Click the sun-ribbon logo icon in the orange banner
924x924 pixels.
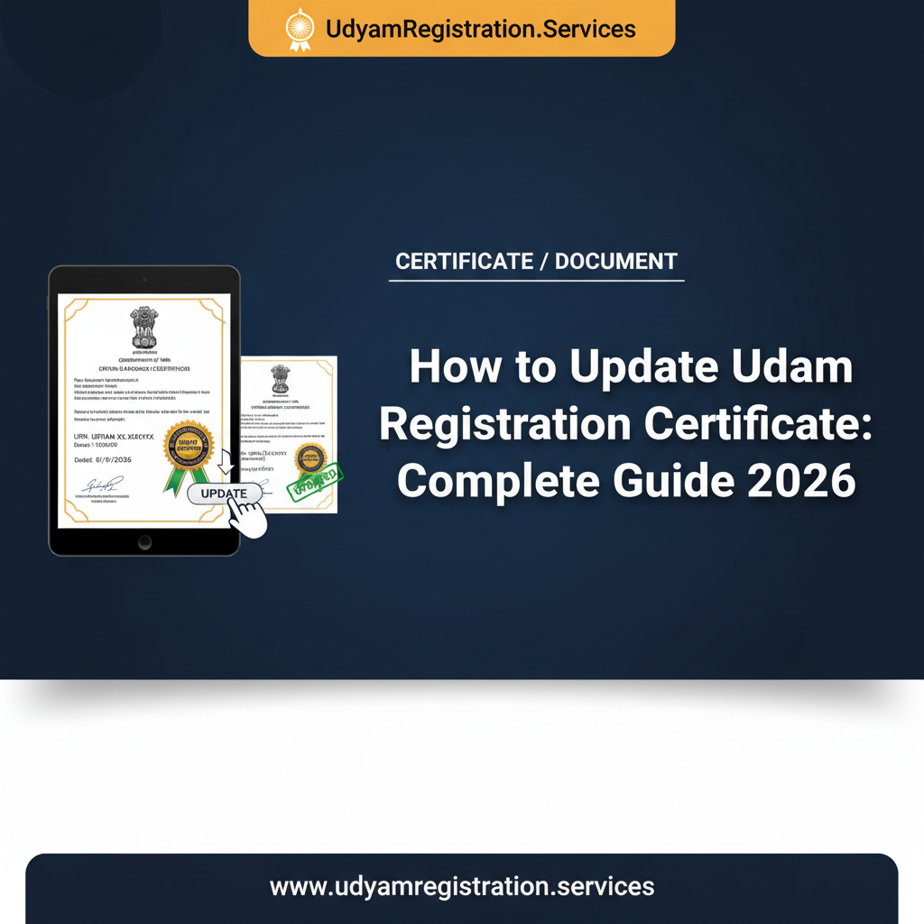click(x=298, y=29)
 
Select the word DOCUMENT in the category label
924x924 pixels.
click(x=616, y=262)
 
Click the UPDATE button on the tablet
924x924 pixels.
click(x=224, y=494)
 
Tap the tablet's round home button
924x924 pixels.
click(x=144, y=541)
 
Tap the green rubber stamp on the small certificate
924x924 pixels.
click(x=315, y=481)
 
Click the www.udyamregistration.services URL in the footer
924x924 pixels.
click(x=462, y=885)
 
